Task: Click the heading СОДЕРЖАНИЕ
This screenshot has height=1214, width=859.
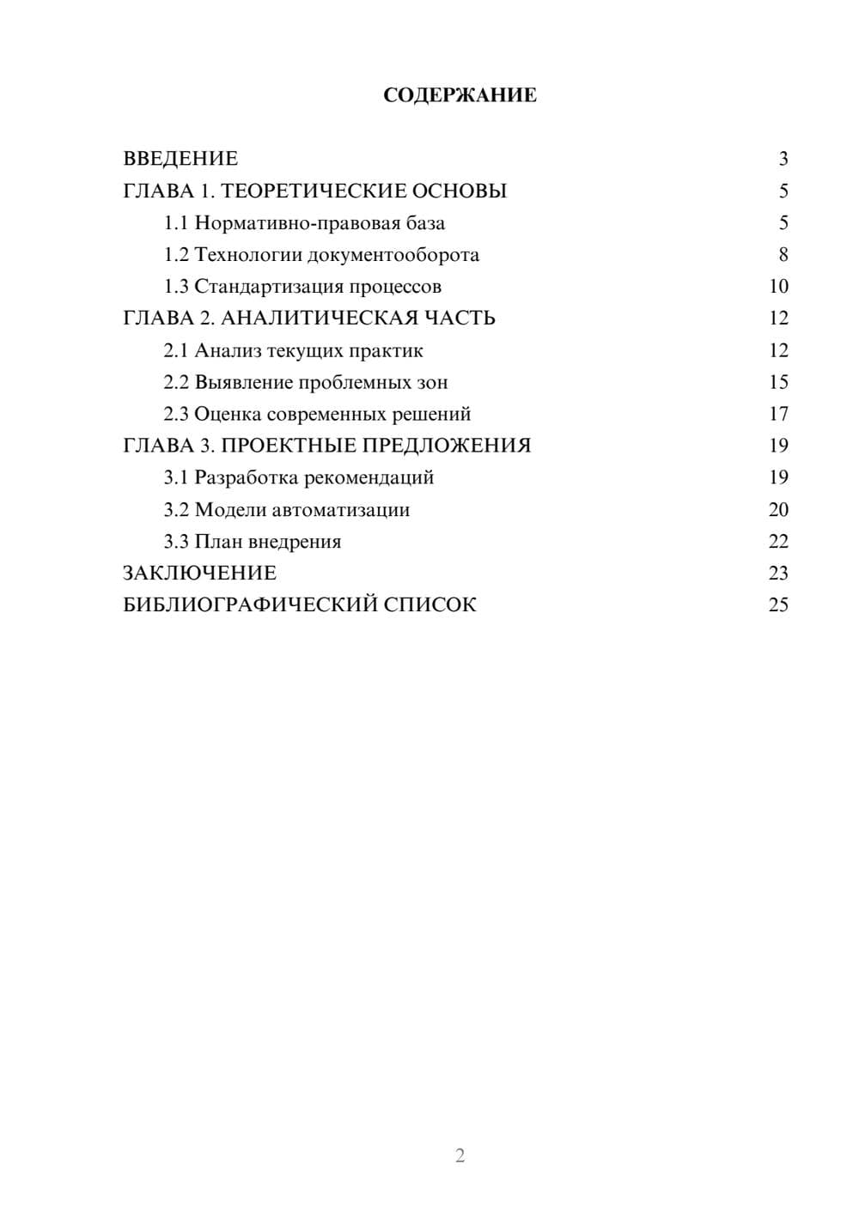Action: [x=460, y=95]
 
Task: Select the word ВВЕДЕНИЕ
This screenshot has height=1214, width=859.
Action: [x=180, y=159]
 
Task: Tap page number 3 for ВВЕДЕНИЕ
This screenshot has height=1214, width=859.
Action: [x=783, y=159]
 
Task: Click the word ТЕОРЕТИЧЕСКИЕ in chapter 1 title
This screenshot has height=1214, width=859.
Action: [x=314, y=191]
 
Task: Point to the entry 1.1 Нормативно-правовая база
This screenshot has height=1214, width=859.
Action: [x=304, y=223]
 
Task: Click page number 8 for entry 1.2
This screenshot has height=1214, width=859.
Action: [x=783, y=255]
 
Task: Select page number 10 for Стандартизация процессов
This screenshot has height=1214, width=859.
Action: [x=778, y=287]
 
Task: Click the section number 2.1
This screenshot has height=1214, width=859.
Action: [x=176, y=350]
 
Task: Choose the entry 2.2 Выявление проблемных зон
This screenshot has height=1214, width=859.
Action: [x=306, y=382]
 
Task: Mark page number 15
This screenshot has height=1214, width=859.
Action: [x=778, y=382]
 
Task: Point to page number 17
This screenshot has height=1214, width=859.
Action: [x=778, y=414]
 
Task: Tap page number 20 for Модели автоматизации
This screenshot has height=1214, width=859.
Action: [x=778, y=510]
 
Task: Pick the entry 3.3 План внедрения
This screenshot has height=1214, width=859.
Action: [x=253, y=542]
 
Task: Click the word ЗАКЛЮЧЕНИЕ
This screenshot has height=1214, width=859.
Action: [x=199, y=573]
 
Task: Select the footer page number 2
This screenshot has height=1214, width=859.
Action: [x=460, y=1156]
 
